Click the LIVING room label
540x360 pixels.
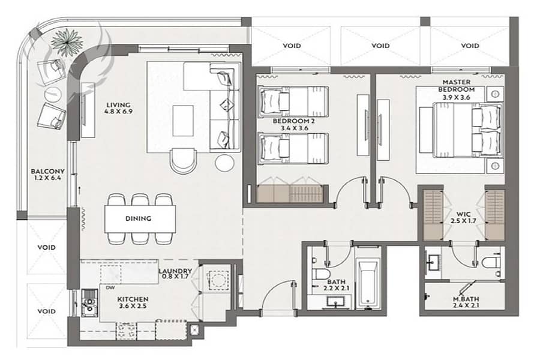coord(118,105)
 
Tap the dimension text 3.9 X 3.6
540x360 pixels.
coord(457,97)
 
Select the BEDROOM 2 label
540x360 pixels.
coord(293,121)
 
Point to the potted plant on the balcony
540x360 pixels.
coord(67,41)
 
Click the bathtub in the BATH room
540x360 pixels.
coord(367,283)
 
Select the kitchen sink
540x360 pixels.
coord(89,303)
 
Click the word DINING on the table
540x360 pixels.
coord(138,218)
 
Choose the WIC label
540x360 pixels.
coord(463,214)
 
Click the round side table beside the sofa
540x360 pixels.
coord(225,163)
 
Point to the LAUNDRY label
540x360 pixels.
coord(175,271)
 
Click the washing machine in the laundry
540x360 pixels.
coord(218,279)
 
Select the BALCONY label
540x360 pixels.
coord(47,171)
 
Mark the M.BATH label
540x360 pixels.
coord(466,299)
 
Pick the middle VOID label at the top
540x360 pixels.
coord(380,46)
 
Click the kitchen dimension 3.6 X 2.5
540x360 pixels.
coord(133,306)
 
